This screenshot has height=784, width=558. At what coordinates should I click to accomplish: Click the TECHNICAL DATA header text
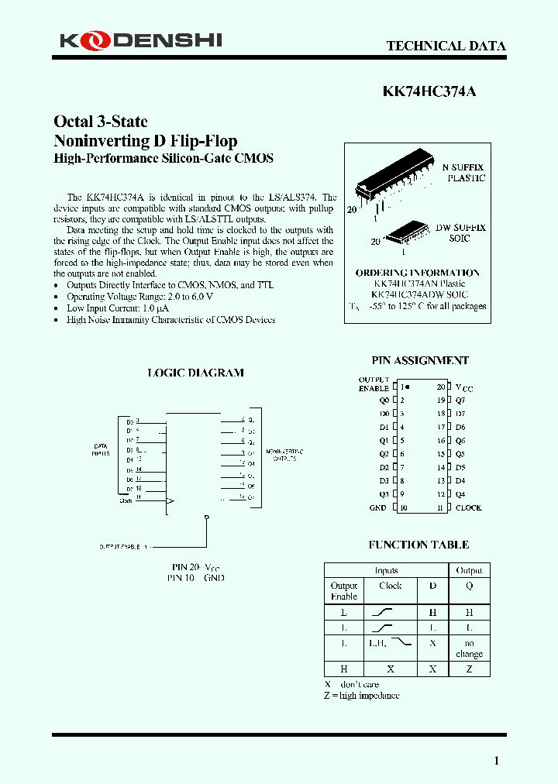pos(446,46)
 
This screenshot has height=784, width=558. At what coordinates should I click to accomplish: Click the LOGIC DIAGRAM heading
pos(195,373)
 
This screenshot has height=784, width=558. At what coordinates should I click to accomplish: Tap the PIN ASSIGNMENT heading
pos(420,360)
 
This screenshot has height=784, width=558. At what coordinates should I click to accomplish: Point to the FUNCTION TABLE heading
pos(418,545)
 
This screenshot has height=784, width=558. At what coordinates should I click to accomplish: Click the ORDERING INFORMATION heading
pos(417,273)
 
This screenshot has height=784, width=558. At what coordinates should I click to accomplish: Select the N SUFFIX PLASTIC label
pos(463,173)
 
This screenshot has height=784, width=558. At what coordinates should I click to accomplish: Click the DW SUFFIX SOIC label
pos(460,233)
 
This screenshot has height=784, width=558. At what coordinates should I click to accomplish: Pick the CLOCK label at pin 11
pos(468,507)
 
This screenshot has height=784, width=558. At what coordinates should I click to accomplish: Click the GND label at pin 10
pos(377,507)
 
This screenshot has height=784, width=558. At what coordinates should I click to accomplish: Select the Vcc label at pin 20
pos(463,387)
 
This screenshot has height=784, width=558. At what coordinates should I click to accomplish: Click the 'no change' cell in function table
pos(469,648)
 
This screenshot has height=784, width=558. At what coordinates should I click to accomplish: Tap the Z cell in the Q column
pos(469,669)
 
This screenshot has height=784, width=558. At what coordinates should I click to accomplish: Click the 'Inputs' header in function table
pos(386,570)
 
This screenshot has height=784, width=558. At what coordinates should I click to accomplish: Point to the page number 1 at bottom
pos(497,761)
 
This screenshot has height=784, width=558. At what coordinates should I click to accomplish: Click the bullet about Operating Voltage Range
pos(139,297)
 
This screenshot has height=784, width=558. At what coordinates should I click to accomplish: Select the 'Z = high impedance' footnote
pos(361,695)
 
